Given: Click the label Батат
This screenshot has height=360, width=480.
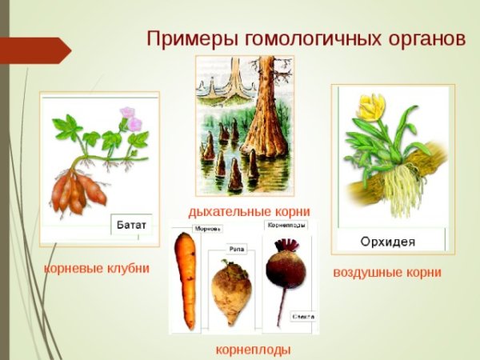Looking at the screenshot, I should pos(130,224).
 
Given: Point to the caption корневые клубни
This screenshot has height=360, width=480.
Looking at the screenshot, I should pos(97,268).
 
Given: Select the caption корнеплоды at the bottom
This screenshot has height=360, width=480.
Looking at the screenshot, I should pos(253,350).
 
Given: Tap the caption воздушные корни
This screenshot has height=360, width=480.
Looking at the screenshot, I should pos(386,273).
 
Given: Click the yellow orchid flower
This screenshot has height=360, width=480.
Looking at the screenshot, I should pos(370,107).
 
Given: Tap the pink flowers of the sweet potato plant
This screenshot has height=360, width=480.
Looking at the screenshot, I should pos(130,118).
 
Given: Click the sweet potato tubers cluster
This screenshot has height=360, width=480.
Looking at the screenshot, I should pos(77,190).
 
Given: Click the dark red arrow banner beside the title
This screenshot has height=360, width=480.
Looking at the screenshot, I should pos(34,50).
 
